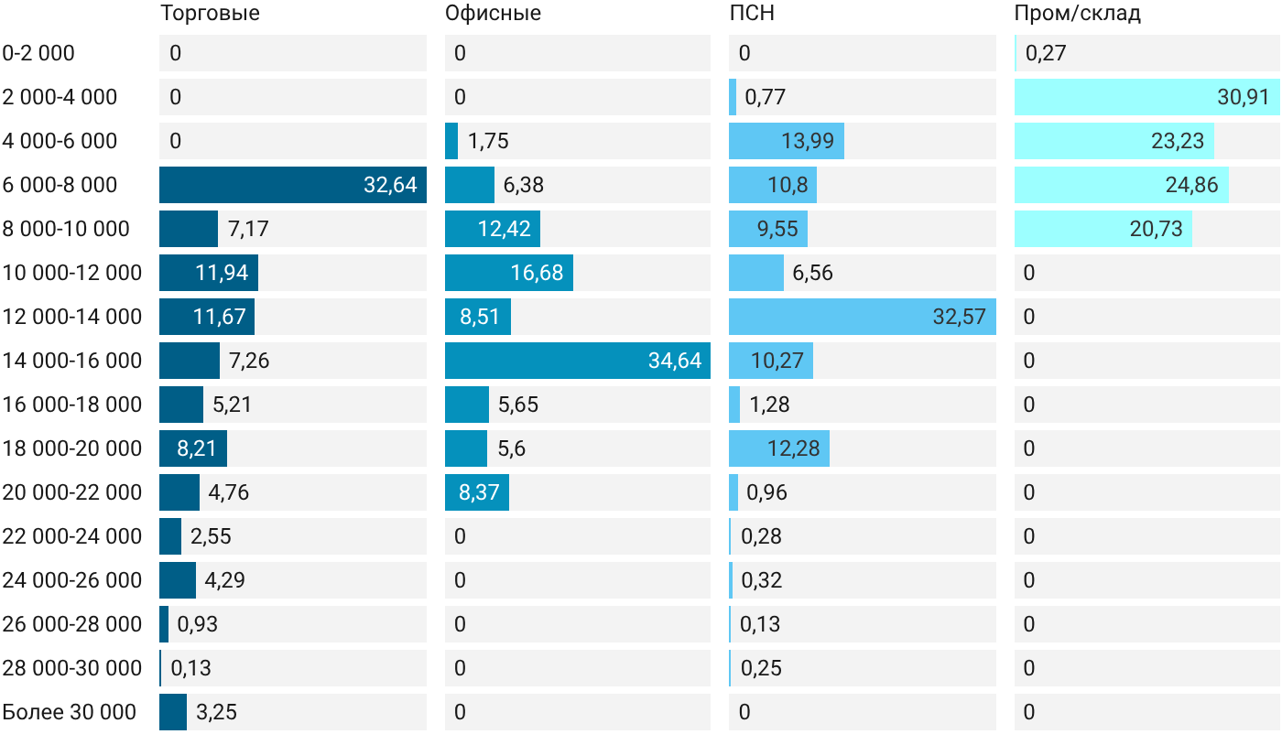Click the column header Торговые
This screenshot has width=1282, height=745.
coord(210,13)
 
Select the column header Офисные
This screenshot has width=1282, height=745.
coord(493,13)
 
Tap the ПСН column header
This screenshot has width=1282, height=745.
coord(752,13)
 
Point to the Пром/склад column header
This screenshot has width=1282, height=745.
coord(1078,13)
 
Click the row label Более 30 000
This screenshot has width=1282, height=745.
coord(70,712)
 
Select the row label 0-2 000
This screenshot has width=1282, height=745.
coord(38,53)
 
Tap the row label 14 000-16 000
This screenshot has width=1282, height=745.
coord(72,361)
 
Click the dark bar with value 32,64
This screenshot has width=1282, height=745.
coord(293,185)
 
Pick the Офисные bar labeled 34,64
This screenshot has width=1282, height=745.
coord(578,361)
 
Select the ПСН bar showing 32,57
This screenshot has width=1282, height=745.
coord(863,317)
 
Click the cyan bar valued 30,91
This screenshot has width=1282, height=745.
coord(1146,97)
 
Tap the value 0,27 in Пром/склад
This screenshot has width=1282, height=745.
coord(1046,53)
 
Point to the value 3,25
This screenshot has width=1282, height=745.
coord(216,712)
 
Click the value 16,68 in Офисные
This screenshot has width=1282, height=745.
coord(537,273)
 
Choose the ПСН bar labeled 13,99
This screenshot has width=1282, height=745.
coord(787,141)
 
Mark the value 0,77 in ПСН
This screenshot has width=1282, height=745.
coord(766,97)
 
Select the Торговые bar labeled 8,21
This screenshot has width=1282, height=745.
coord(193,448)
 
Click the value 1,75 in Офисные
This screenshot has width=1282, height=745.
coord(488,141)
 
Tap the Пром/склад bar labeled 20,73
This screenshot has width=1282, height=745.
coord(1103,229)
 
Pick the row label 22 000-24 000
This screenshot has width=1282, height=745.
coord(72,536)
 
